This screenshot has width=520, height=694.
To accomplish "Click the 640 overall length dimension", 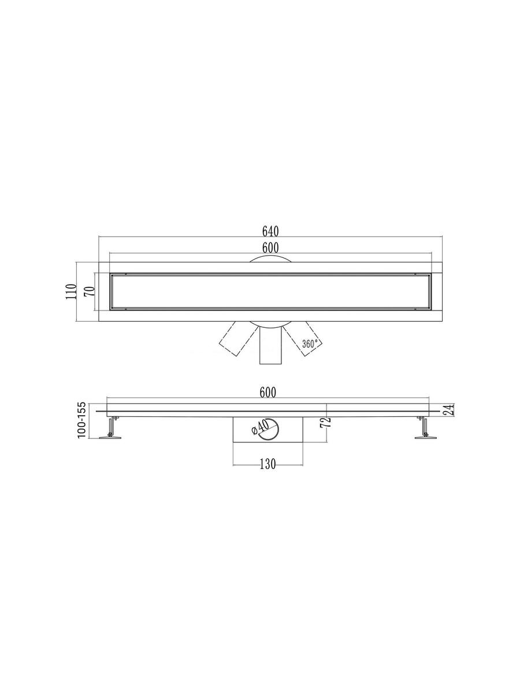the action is (270, 231).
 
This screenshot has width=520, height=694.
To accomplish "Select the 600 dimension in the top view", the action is (270, 248).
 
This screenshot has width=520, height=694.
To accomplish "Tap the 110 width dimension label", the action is (72, 291).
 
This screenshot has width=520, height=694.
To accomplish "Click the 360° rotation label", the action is (310, 344).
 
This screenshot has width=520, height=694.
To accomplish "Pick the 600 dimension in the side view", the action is (268, 392).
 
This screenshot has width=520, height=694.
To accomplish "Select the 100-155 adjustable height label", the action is (82, 420).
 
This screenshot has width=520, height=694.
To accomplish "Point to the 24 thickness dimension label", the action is (450, 410).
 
